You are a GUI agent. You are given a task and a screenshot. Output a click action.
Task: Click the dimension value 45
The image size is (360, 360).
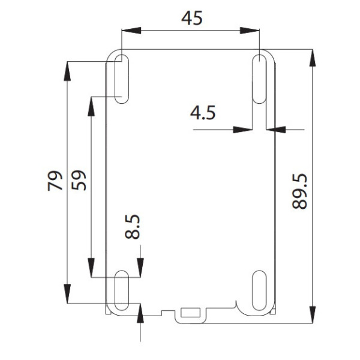coord(192,18)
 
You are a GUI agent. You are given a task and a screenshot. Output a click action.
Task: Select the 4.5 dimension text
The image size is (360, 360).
coord(202,112)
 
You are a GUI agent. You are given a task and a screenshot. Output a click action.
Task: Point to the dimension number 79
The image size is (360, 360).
coord(55,181)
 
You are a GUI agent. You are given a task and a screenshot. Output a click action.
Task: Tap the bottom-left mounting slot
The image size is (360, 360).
coord(121,291)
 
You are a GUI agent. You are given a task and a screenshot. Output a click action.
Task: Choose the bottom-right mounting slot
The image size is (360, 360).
coord(259,291)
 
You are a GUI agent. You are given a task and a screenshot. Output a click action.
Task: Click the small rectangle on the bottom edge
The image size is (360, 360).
coord(190,312)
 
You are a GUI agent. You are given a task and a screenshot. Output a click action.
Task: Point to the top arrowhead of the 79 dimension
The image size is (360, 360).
coord(67,69)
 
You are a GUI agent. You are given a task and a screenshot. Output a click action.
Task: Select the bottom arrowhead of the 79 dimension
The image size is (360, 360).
coord(67,294)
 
